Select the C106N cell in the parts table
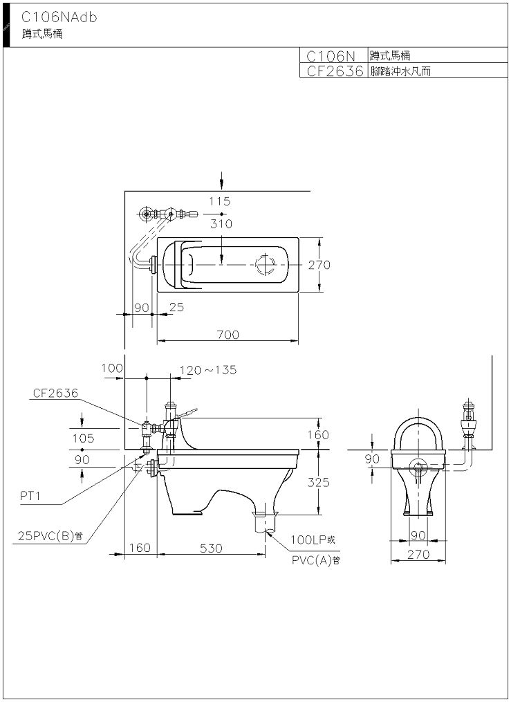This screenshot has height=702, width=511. (x=331, y=56)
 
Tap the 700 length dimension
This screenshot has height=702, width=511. (x=227, y=334)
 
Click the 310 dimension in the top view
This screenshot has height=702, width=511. (x=221, y=224)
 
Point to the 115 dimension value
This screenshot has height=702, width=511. (x=221, y=201)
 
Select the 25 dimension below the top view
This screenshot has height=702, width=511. (x=176, y=307)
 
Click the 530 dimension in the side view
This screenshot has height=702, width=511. (x=212, y=548)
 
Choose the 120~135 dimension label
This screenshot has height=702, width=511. (x=208, y=370)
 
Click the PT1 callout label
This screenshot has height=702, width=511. (x=31, y=495)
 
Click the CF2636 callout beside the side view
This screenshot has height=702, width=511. (x=55, y=393)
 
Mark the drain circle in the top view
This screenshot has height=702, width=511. (x=266, y=264)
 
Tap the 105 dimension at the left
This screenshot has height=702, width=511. (x=82, y=438)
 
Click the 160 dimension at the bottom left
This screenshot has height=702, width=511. (x=139, y=548)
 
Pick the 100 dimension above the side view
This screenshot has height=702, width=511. (x=111, y=369)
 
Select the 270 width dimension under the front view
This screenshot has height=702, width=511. (x=419, y=554)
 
